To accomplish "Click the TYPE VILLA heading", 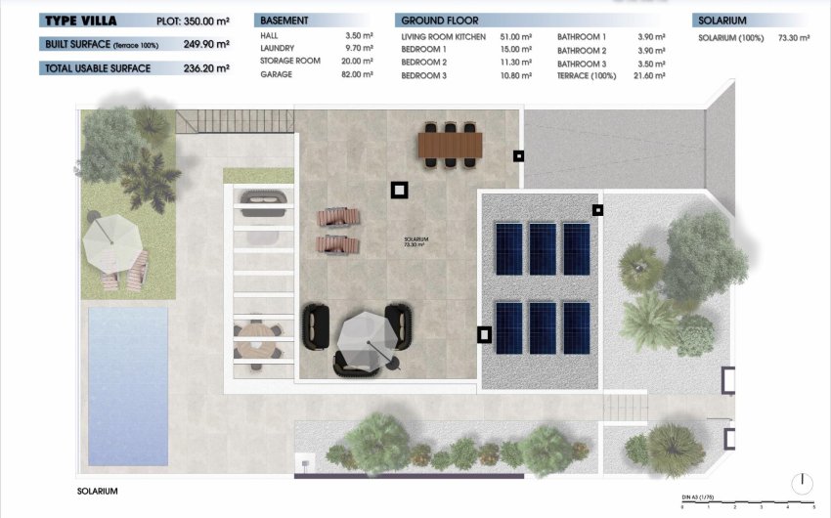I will click(82, 21).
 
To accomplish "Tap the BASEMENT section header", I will click(284, 21).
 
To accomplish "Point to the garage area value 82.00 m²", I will click(361, 74).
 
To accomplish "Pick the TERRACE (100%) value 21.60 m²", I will click(648, 75).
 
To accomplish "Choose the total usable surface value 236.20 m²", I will click(206, 68).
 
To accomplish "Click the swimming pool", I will click(127, 359).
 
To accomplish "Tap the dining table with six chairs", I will click(450, 145).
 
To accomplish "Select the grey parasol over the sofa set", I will click(364, 338).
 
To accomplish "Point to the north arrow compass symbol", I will click(801, 482).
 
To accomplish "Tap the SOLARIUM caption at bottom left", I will click(97, 491).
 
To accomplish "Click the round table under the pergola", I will click(256, 339).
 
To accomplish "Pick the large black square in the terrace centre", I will click(399, 191).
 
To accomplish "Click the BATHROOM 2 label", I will click(582, 50).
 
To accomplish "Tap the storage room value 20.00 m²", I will click(361, 62).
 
